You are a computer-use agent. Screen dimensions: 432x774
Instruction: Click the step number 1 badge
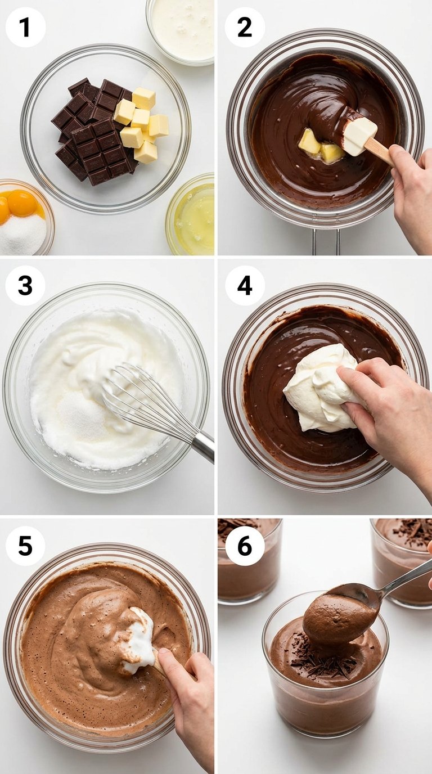[x=25, y=27]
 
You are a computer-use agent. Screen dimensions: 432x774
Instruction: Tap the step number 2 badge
[x=245, y=27]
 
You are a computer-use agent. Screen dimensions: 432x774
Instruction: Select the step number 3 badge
[x=25, y=285]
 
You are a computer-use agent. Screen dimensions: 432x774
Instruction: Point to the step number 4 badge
[x=245, y=285]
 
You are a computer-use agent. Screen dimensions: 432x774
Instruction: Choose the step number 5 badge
[x=25, y=546]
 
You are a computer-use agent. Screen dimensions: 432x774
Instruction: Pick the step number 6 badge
[x=245, y=546]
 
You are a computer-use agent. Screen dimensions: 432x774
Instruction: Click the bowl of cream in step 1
[x=181, y=31]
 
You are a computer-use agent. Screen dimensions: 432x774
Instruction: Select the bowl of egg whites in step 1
[x=191, y=214]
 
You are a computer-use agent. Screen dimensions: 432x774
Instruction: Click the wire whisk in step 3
[x=149, y=403]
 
